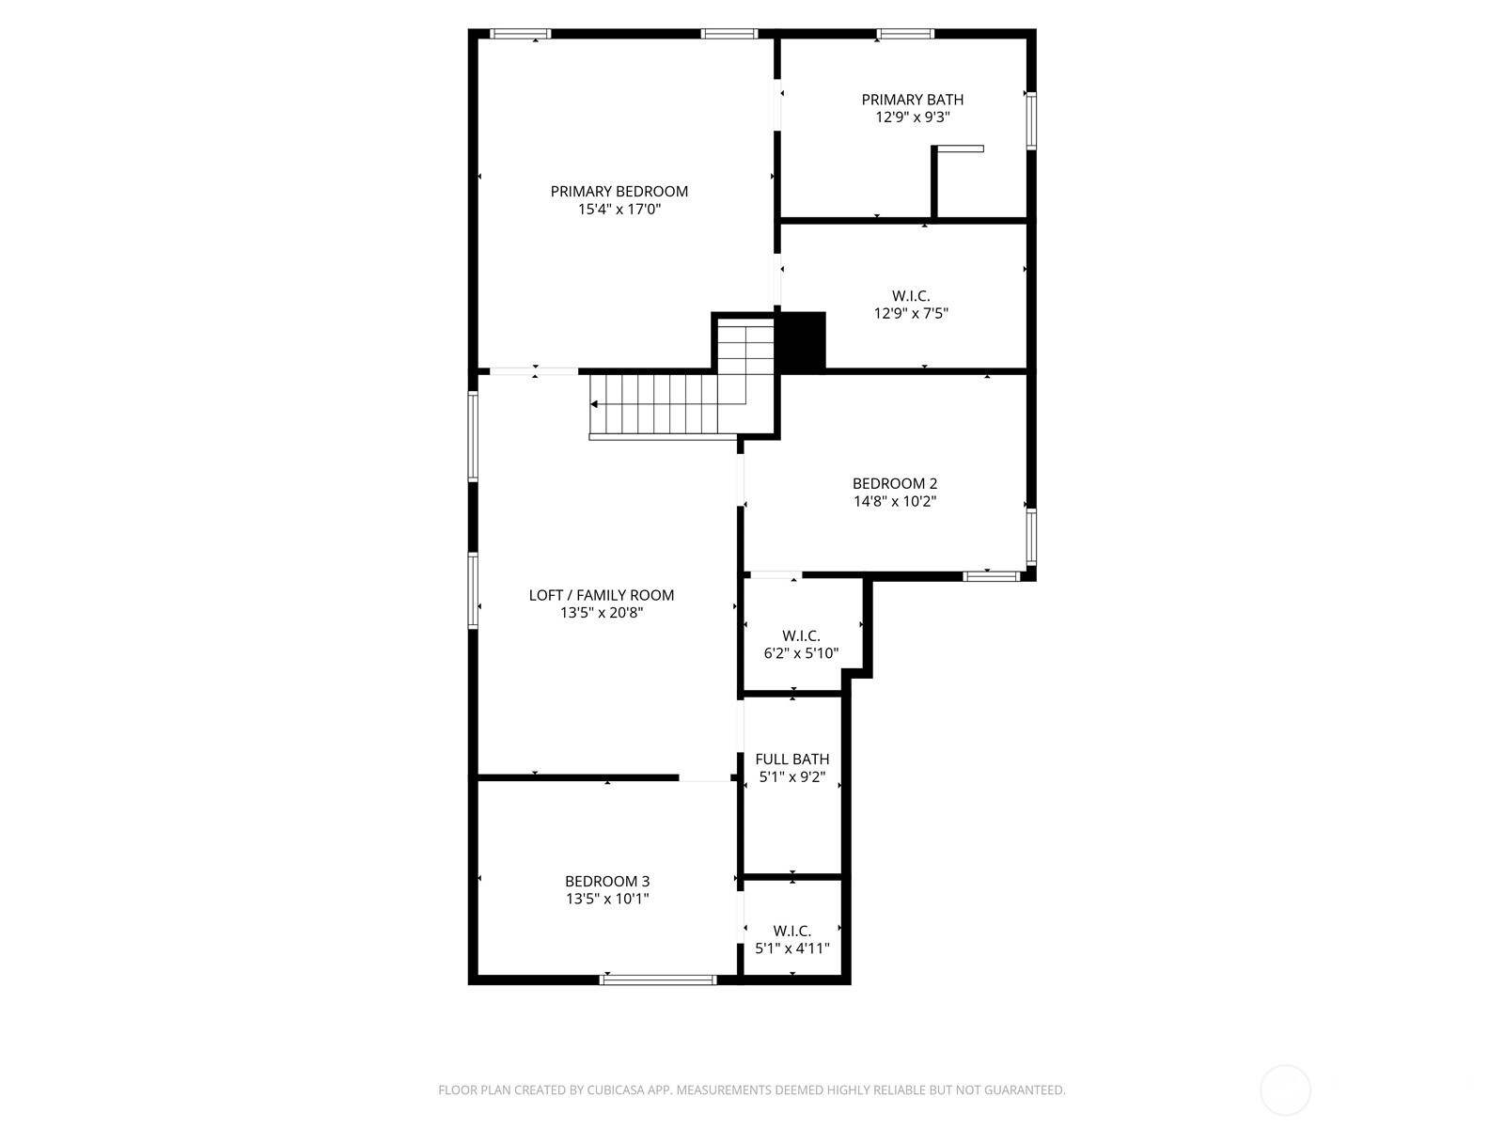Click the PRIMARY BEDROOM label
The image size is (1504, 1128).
(619, 192)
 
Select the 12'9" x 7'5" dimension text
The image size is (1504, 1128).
(911, 314)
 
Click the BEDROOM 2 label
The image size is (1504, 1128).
(894, 484)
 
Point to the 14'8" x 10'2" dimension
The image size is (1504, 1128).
(894, 502)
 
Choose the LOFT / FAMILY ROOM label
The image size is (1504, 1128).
(601, 595)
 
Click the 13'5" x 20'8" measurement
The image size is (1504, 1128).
(601, 613)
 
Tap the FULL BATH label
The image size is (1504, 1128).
(791, 760)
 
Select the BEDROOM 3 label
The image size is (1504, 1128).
(606, 882)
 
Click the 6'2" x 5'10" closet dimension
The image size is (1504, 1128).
(800, 653)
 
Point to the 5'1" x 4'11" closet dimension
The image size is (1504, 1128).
(791, 948)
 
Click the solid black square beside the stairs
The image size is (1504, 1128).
(802, 342)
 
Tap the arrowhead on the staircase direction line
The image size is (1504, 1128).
(594, 404)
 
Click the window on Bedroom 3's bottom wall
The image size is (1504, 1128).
(658, 980)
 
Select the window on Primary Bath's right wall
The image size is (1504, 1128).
(1030, 120)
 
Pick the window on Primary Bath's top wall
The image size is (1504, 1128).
(905, 35)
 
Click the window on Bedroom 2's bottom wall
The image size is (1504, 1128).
(992, 576)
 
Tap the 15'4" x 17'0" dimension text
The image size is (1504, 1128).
(619, 210)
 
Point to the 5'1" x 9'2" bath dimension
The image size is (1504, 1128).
(791, 777)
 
